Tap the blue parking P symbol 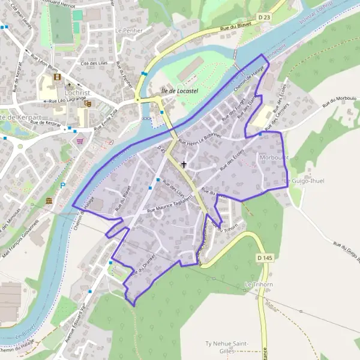62,186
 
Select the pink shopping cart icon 80,141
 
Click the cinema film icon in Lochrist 57,77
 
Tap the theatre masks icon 87,104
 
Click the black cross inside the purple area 184,164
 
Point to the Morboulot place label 275,157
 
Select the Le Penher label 127,30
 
